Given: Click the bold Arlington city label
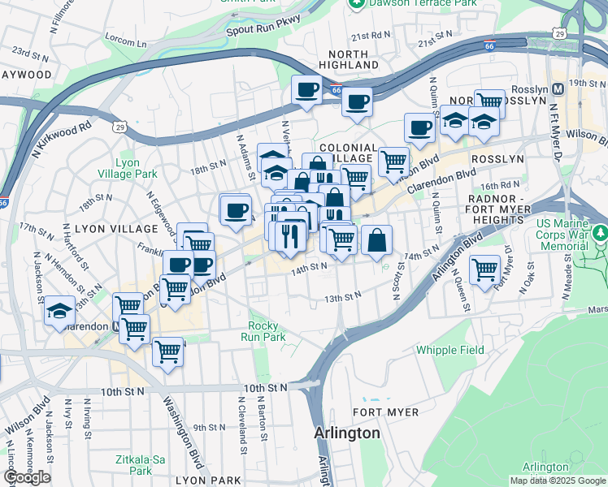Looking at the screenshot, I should click(347, 433).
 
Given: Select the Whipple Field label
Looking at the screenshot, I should click(449, 350).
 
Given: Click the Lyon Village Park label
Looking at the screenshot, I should click(127, 168).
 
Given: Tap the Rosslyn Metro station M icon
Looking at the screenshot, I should click(558, 88).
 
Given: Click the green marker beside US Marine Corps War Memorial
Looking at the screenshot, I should click(601, 235).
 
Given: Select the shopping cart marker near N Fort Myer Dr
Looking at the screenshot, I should click(485, 269).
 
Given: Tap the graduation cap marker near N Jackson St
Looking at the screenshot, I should click(60, 310).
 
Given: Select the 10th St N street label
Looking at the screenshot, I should click(122, 391).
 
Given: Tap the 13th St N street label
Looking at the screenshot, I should click(342, 298).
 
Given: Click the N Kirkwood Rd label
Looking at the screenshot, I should click(63, 140).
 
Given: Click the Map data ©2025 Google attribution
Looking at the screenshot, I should click(558, 481).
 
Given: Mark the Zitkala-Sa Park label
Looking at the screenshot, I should click(140, 465).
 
